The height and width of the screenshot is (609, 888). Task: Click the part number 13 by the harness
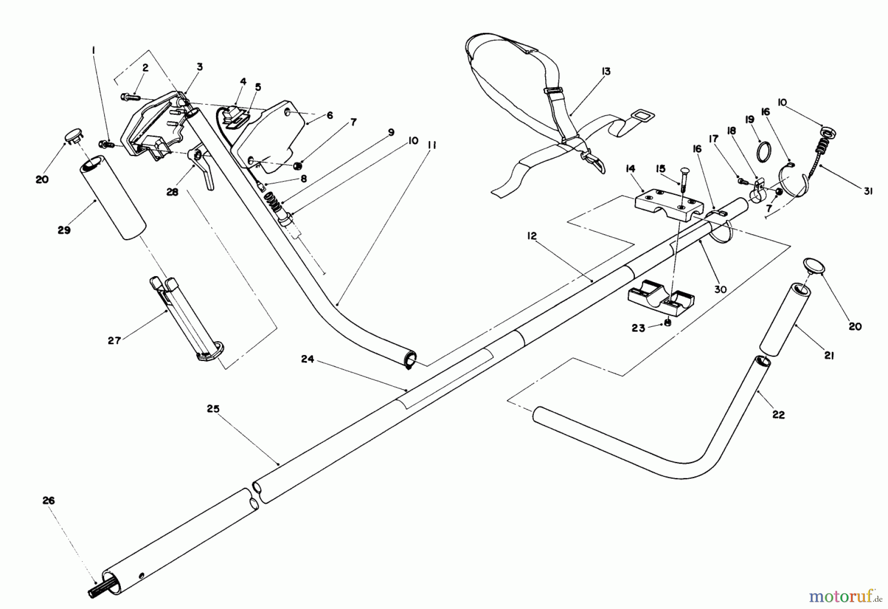[x=606, y=72]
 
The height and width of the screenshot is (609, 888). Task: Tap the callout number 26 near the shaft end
[x=48, y=501]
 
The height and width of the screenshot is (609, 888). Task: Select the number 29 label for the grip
[x=64, y=230]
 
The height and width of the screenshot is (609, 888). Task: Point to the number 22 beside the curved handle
[x=778, y=415]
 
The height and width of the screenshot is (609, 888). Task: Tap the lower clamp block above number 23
[x=661, y=299]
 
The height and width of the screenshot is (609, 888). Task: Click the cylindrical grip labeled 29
[x=113, y=197]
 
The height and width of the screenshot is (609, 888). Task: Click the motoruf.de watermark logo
[x=844, y=597]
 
